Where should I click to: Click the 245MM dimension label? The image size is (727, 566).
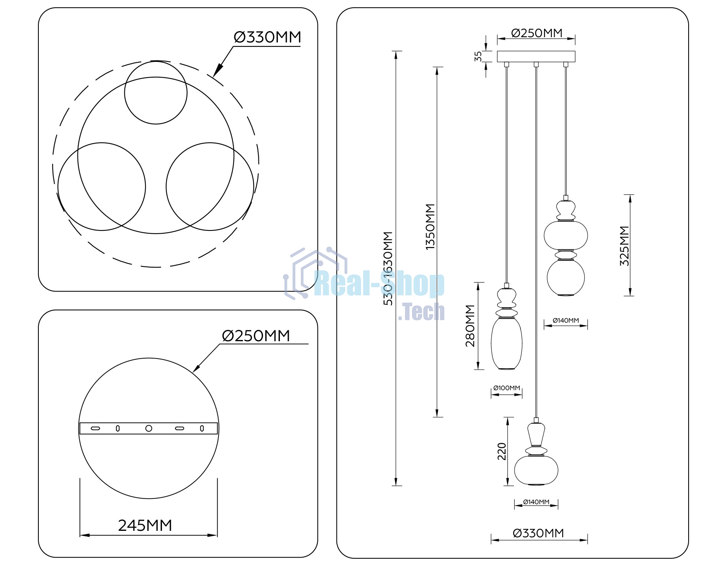145,525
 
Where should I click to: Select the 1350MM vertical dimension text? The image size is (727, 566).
430,226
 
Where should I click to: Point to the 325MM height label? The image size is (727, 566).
624,246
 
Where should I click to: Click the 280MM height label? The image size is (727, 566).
470,326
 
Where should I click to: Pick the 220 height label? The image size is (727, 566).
502,452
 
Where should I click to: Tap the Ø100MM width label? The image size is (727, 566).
506,388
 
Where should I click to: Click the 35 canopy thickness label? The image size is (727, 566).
478,56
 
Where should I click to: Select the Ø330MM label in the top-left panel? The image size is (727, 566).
267,37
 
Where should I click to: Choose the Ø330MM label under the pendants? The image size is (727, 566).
538,533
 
